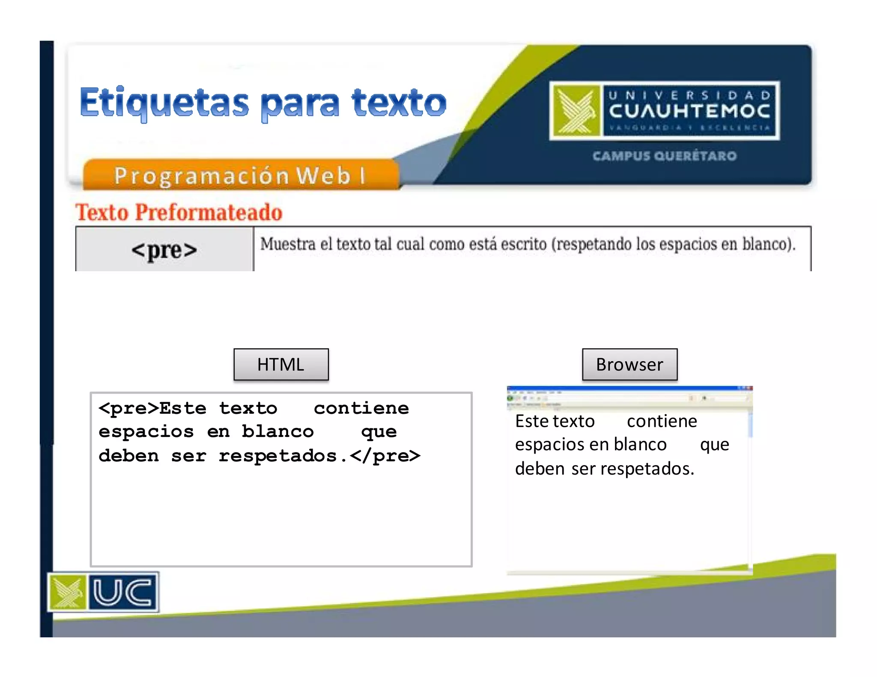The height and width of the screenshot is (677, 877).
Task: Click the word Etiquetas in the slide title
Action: coord(164,103)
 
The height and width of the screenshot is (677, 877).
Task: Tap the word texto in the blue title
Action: coord(399,103)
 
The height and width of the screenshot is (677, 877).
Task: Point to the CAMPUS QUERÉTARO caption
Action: coord(665,156)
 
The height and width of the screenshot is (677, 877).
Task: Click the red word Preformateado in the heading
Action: coord(209,212)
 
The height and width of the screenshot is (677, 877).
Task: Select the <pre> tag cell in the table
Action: coord(164,250)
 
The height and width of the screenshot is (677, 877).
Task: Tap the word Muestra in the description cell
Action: coord(288,244)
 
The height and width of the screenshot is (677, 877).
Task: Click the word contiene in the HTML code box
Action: coord(361,408)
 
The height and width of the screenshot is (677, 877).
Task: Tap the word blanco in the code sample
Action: coord(277,431)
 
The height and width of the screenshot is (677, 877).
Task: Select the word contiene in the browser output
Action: coord(662,422)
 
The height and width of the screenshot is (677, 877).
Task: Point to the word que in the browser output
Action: coord(714,445)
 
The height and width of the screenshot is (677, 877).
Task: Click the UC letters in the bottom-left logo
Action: coord(122,592)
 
